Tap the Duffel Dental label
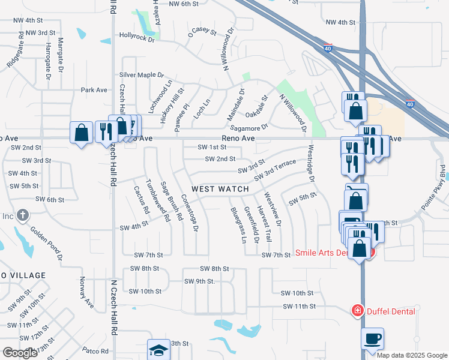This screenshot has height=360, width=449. [391, 311]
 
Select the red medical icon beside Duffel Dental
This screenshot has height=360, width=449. [357, 310]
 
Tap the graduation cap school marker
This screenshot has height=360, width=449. [159, 350]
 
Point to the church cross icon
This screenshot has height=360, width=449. [23, 215]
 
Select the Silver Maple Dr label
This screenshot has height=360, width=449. [141, 75]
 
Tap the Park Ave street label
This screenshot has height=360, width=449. [94, 90]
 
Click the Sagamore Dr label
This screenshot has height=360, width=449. [249, 128]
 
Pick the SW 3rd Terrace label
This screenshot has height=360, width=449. [275, 170]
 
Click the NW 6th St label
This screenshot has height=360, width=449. [184, 4]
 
